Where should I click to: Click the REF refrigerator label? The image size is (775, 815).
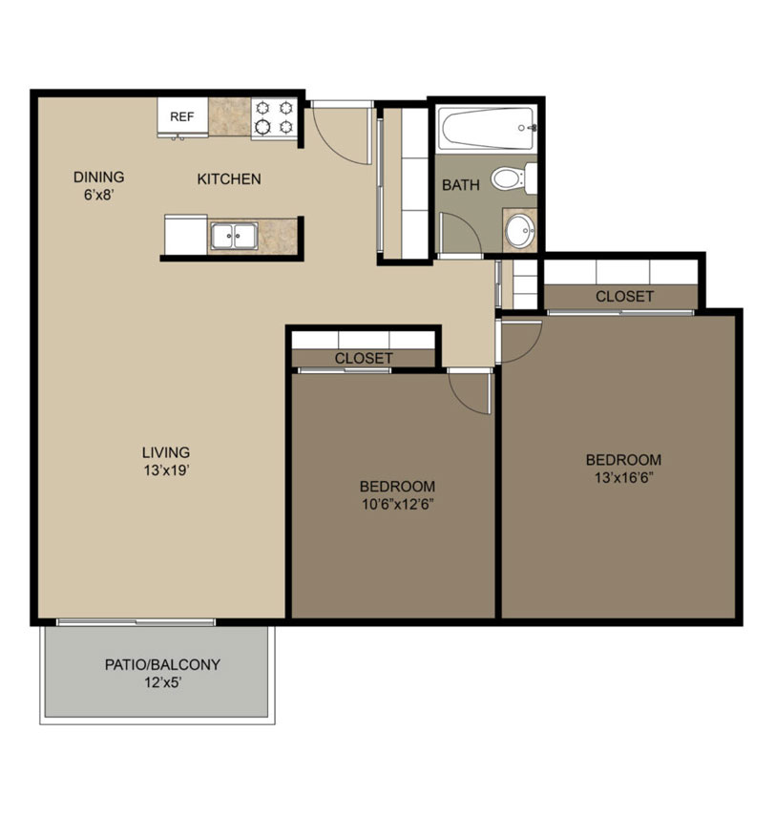coord(182,117)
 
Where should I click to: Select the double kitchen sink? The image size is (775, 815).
coord(234,237)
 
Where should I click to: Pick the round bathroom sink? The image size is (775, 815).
coord(520,230)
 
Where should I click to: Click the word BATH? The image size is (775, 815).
coord(461,185)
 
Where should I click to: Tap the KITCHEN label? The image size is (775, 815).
coord(229,179)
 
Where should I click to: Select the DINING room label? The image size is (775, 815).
coord(98,178)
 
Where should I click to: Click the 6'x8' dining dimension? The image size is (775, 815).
coord(98,196)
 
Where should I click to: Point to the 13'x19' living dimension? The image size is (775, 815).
coord(166,470)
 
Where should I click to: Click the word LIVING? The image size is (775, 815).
coord(166,452)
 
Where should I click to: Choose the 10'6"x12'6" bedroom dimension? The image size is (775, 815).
coord(398,505)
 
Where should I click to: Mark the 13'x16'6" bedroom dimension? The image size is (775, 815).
coord(624,478)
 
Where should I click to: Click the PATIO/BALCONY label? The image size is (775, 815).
coord(162,665)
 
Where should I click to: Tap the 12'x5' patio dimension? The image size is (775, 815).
coord(162,683)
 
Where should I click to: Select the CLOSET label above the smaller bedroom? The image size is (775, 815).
coord(364,358)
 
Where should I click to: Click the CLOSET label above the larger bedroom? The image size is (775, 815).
coord(624,296)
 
